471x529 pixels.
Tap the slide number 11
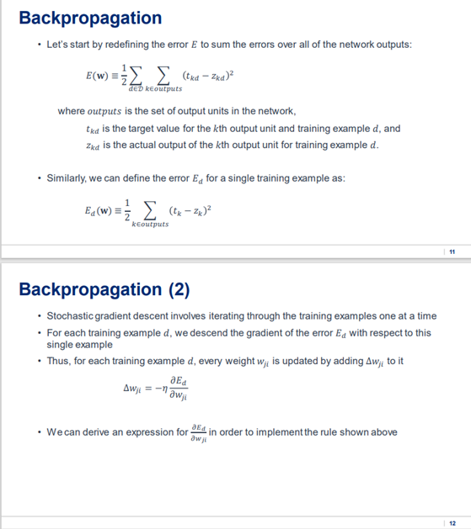pyautogui.click(x=452, y=251)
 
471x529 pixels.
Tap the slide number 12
pyautogui.click(x=452, y=521)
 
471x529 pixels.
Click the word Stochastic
pyautogui.click(x=72, y=315)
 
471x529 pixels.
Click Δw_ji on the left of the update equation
pyautogui.click(x=135, y=389)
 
